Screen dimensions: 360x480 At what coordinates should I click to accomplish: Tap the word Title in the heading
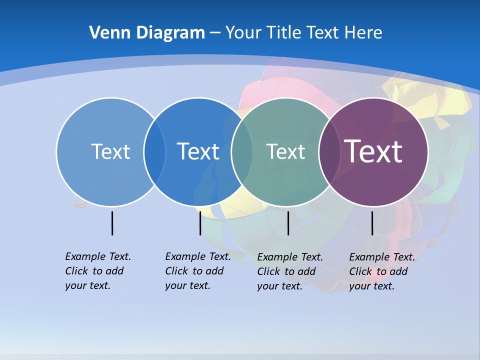(284, 33)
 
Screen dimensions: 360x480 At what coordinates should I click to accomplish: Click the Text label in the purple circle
(373, 151)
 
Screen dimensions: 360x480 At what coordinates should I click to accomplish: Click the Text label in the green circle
(285, 151)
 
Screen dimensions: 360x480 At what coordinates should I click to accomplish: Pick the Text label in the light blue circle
(110, 151)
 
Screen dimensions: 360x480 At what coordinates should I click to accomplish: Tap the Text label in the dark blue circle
(198, 151)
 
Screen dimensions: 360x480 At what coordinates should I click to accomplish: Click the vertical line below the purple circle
(372, 223)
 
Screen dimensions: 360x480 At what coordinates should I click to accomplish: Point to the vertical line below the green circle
(288, 223)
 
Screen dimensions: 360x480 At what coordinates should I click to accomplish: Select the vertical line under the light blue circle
(112, 223)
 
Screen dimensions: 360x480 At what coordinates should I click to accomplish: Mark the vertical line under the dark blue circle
(200, 223)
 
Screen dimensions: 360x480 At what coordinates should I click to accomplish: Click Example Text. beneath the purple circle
(381, 257)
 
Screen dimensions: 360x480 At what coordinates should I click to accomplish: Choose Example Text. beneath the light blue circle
(98, 256)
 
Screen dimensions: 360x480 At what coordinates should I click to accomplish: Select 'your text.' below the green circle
(279, 286)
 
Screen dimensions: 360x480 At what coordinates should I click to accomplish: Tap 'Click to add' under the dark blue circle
(194, 271)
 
